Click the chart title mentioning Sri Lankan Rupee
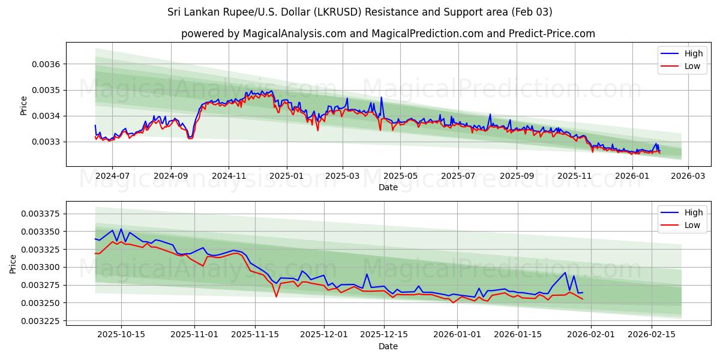[x=360, y=12]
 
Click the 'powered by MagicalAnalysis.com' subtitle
[x=388, y=34]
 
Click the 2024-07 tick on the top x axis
[x=112, y=176]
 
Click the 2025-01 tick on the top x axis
[x=286, y=176]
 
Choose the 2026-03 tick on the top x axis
[x=688, y=176]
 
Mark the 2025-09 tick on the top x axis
[x=517, y=176]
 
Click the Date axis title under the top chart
[x=388, y=187]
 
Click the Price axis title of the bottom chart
[x=14, y=263]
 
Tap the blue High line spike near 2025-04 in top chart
[x=381, y=98]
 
